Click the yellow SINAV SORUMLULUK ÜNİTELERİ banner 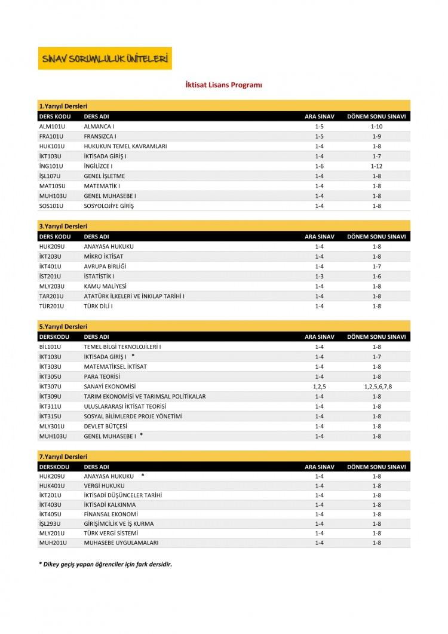coord(105,59)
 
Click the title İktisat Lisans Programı coord(224,85)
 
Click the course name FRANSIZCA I coord(100,136)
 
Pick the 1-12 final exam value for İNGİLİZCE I coord(376,166)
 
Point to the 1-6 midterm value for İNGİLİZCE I coord(319,166)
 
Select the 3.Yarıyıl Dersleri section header coord(63,226)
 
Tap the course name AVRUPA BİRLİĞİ coord(105,267)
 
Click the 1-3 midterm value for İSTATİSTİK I coord(319,277)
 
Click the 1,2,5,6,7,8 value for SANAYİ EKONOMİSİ coord(378,387)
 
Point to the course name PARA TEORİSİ coord(102,376)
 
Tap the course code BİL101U coord(51,347)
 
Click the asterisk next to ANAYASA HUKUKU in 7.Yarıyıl coord(143,475)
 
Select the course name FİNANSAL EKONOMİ coord(111,514)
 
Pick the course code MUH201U coord(52,543)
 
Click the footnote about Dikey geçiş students coord(105,564)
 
